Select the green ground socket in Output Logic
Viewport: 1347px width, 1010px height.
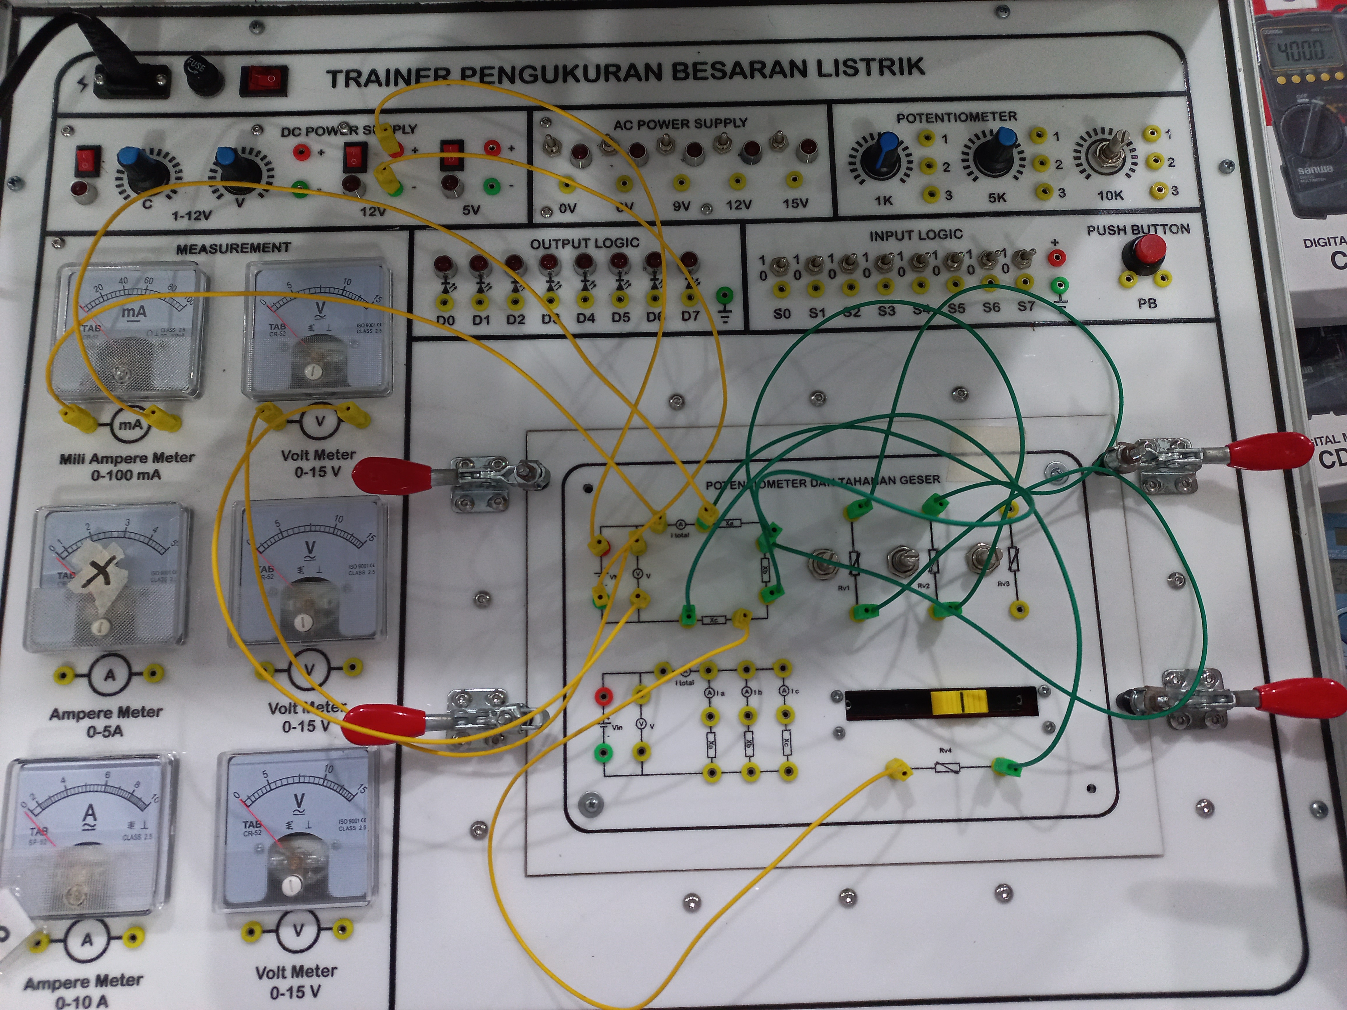(724, 296)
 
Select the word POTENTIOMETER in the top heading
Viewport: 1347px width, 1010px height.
(956, 117)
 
